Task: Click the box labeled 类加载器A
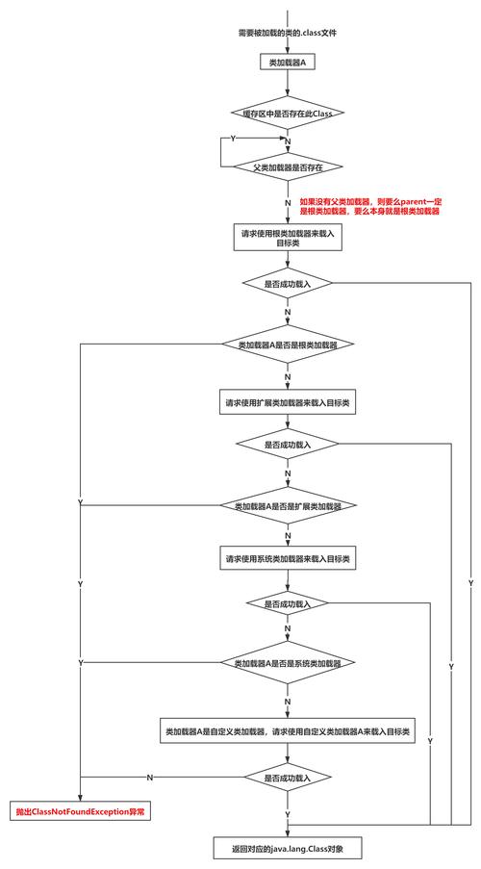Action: coord(287,63)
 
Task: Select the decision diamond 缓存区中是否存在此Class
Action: coord(287,113)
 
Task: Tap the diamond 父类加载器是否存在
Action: coord(287,166)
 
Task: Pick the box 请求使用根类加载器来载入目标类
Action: coord(287,238)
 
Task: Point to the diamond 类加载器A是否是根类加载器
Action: coord(287,344)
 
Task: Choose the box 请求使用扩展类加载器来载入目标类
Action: coord(287,401)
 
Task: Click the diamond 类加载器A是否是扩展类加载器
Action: coord(287,505)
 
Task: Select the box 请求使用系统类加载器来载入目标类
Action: coord(287,559)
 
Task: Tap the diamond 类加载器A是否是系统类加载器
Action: coord(287,664)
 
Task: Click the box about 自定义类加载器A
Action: coord(287,731)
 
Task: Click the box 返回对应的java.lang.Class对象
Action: coord(287,848)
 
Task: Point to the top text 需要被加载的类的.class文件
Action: coord(287,33)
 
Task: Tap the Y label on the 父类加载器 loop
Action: coord(232,140)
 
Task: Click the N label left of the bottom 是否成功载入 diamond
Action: coord(150,776)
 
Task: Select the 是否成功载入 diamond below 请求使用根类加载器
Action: coord(287,284)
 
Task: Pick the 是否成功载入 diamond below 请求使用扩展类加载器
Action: coord(287,445)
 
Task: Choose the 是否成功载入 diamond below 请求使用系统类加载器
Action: coord(287,604)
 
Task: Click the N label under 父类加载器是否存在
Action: coord(287,204)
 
